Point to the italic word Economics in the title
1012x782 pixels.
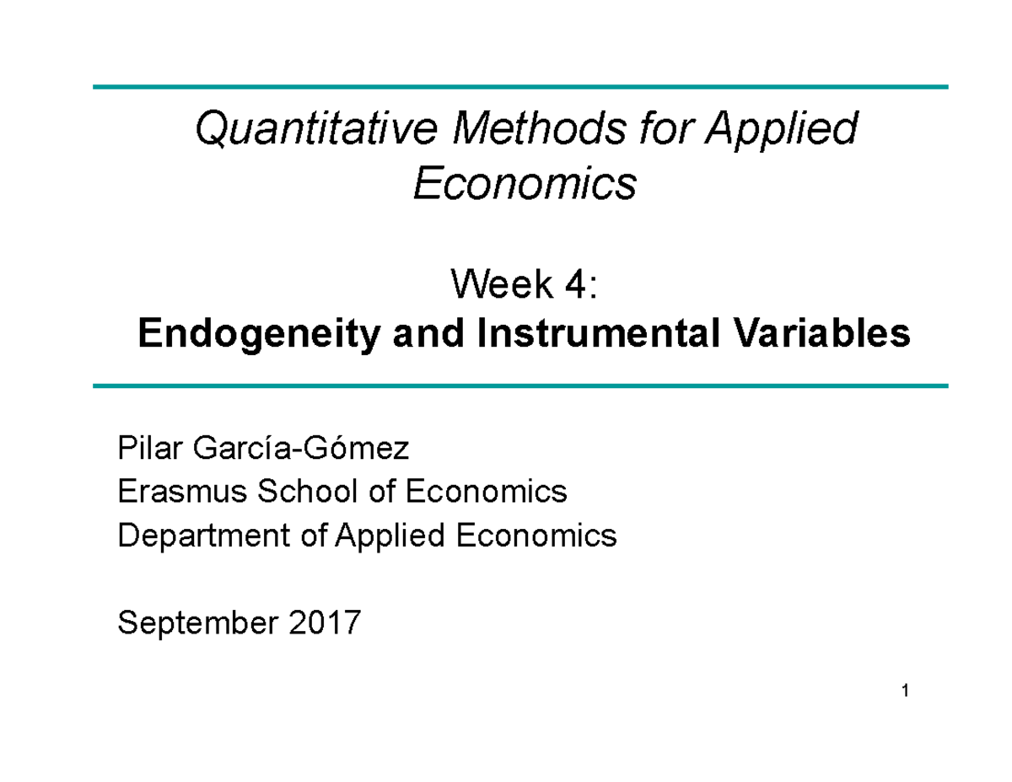524,183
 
